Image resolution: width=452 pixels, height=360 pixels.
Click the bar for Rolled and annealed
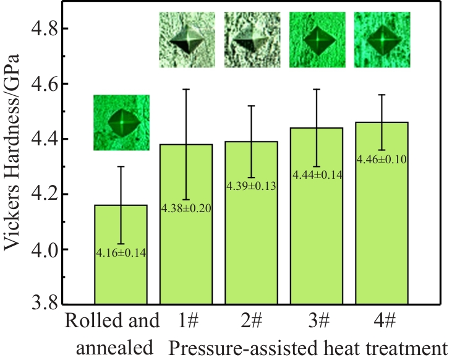pyautogui.click(x=121, y=278)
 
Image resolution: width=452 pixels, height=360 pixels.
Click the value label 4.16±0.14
pyautogui.click(x=121, y=252)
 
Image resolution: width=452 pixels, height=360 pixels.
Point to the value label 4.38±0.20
pyautogui.click(x=187, y=208)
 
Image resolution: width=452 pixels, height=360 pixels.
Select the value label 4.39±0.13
pyautogui.click(x=252, y=186)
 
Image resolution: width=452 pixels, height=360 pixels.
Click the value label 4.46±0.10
pyautogui.click(x=382, y=160)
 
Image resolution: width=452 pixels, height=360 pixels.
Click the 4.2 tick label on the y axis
pyautogui.click(x=42, y=194)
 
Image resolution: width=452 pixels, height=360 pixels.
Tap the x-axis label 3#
pyautogui.click(x=317, y=321)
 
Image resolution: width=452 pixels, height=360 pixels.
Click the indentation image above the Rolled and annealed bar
pyautogui.click(x=121, y=122)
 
